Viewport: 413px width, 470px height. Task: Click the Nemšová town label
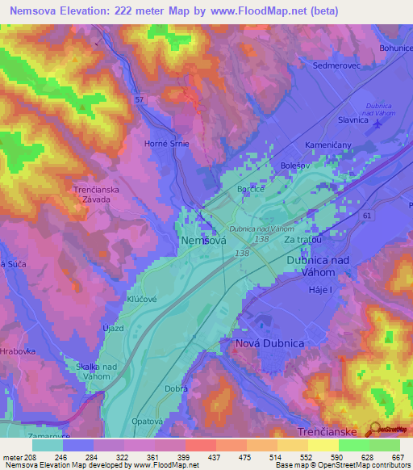202,240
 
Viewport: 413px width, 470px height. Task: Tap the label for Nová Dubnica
269,343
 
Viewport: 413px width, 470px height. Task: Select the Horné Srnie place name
168,144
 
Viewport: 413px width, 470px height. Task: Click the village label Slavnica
353,120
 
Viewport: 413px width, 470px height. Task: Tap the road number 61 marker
367,216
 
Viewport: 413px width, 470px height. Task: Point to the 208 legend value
32,456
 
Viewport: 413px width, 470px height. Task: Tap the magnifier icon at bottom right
373,430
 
